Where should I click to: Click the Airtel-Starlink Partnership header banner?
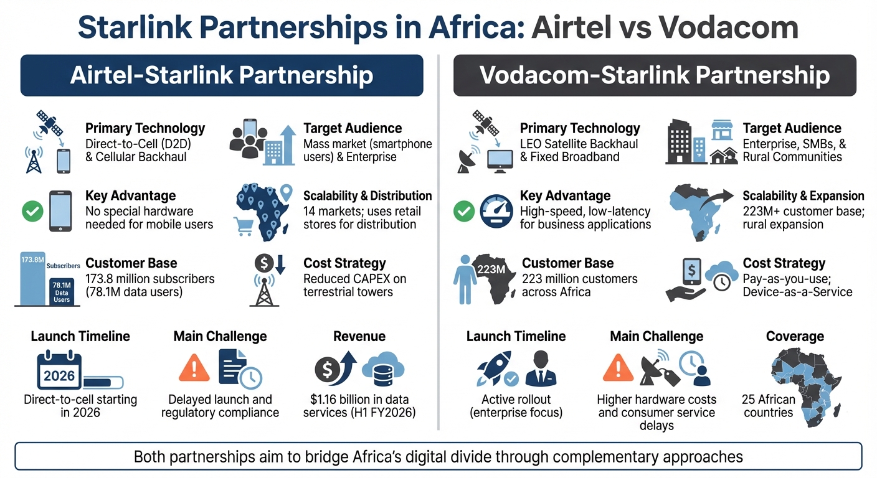222,75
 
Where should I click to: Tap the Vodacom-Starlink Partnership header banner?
655,75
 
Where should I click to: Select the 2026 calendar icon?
59,370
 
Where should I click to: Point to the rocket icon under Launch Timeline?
494,367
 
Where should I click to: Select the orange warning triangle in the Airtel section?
194,367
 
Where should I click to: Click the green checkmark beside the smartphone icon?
32,212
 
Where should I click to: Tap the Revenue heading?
359,337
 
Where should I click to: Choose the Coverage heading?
795,337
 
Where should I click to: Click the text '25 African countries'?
769,406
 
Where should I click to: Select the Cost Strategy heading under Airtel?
344,263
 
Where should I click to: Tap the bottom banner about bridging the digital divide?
438,457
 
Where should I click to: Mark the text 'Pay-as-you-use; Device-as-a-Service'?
797,285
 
